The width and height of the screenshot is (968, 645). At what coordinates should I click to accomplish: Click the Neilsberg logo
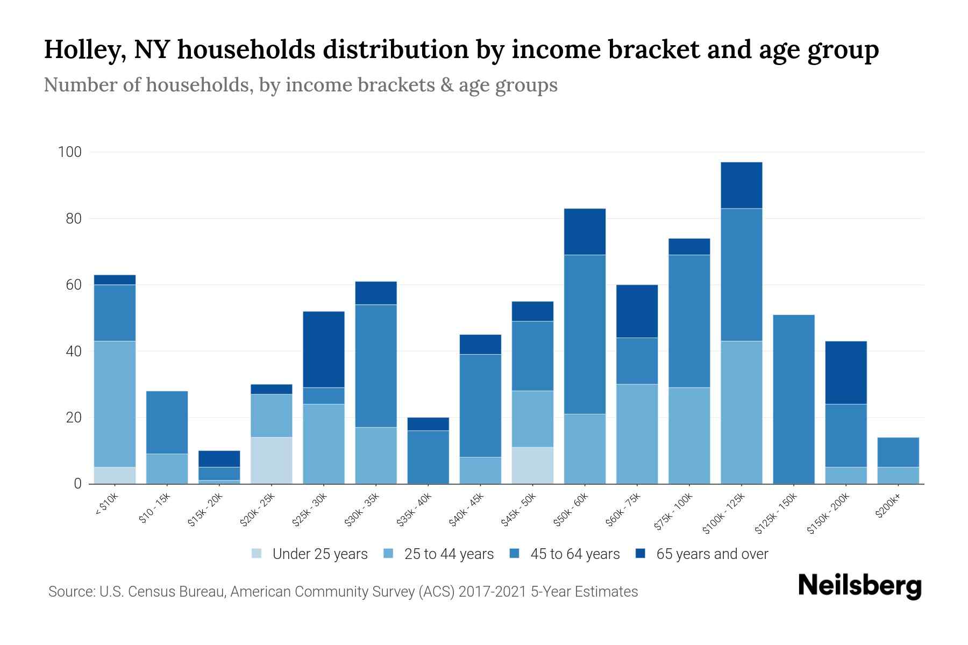pos(859,586)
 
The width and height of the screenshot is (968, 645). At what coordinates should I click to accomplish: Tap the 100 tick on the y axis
pos(69,152)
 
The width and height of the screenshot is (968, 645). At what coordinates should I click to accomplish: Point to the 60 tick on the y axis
pos(73,285)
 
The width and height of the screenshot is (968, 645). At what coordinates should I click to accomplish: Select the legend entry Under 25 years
pos(320,554)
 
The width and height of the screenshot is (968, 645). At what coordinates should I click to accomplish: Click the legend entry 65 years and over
pos(712,554)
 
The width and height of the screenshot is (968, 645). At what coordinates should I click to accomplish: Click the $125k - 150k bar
pos(794,399)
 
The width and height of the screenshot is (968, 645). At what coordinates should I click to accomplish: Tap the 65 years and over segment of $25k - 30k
pos(324,349)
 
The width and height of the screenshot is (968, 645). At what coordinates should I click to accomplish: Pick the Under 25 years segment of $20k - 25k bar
pos(272,461)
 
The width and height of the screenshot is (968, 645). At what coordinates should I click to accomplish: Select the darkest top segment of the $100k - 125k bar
pos(742,185)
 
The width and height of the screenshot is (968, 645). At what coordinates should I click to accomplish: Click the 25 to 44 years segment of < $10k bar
pos(115,404)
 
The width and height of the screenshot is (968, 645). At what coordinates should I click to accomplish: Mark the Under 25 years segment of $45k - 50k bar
pos(532,465)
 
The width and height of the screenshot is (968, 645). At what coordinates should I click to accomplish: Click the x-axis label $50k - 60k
pos(571,510)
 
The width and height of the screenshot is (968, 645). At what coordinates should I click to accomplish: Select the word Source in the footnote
pos(70,592)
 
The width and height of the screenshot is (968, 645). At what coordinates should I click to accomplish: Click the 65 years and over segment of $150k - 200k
pos(846,372)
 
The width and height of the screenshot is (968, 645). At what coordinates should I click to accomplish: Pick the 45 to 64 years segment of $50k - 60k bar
pos(585,334)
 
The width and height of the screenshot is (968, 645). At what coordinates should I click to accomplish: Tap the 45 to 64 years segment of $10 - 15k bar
pos(167,422)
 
